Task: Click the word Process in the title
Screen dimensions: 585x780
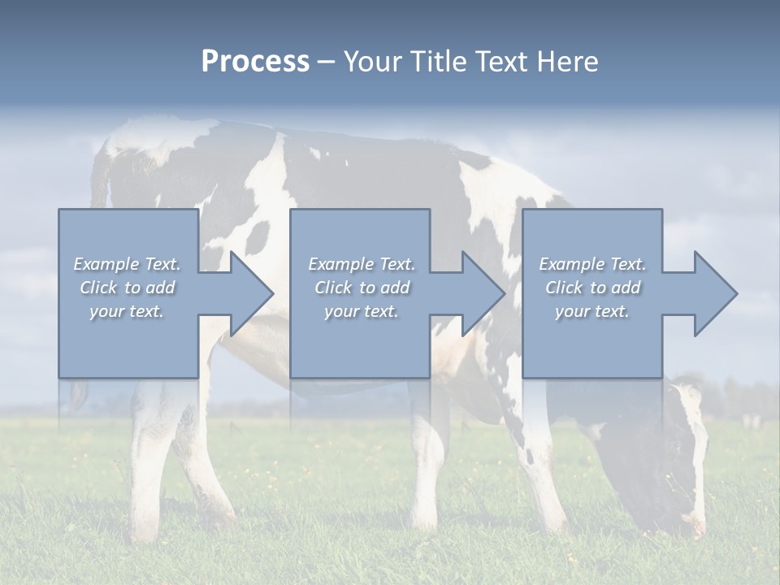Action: (255, 62)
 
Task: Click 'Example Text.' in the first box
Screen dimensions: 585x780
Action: (127, 264)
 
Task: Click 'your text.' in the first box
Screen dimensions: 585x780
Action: (127, 311)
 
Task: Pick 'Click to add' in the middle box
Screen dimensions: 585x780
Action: (362, 288)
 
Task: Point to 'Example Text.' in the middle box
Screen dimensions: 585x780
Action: (362, 264)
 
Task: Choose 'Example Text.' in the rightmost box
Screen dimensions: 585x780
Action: (592, 264)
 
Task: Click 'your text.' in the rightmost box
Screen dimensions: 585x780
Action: (592, 311)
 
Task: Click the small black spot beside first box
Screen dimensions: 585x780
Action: (258, 236)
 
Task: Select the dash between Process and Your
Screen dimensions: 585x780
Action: (327, 62)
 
